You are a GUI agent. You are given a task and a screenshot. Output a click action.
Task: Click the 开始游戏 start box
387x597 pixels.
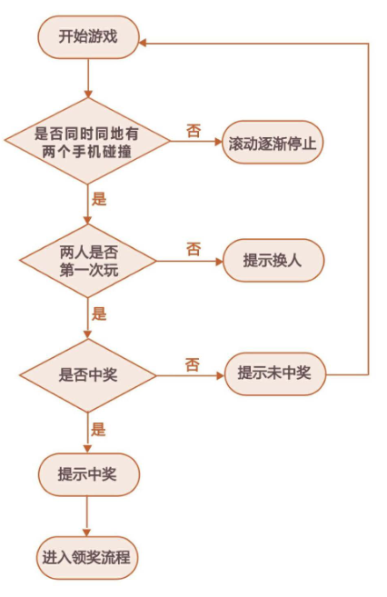tap(88, 37)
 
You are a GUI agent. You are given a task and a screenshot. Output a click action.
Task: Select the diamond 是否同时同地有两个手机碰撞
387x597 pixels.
tap(87, 141)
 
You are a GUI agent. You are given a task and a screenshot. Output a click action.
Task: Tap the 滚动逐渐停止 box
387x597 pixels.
tap(273, 143)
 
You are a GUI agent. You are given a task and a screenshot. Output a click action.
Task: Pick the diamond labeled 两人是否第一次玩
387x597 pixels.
tap(88, 261)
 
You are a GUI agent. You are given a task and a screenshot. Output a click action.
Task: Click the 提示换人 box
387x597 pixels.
tap(273, 261)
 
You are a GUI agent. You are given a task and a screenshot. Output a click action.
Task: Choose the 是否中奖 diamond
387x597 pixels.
tap(88, 376)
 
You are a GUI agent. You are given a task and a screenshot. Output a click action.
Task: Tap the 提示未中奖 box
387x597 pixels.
tap(274, 373)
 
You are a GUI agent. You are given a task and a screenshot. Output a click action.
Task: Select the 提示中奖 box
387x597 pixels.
tap(88, 474)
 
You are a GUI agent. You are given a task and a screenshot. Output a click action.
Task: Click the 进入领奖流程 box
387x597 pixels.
tap(87, 558)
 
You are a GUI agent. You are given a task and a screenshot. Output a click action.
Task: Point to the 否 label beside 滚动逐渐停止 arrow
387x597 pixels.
tap(193, 131)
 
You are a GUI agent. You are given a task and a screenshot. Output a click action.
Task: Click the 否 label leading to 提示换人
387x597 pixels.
tap(193, 249)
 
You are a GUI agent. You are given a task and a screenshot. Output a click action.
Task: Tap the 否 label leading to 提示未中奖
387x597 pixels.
tap(193, 364)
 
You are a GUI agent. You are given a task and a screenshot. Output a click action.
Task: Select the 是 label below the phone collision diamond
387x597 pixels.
tap(99, 199)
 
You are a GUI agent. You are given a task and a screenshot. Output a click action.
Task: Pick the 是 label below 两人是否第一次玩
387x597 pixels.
tap(99, 313)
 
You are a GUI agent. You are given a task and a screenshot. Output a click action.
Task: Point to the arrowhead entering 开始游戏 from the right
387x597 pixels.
tap(143, 43)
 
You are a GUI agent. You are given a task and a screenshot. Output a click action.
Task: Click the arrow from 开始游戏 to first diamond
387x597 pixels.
tap(88, 78)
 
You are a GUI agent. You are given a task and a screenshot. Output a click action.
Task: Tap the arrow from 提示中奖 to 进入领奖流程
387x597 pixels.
tap(87, 516)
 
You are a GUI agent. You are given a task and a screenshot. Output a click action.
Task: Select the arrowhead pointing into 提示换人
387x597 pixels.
tap(219, 261)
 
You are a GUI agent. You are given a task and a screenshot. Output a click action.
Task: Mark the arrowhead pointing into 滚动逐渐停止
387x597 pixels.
tap(218, 142)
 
